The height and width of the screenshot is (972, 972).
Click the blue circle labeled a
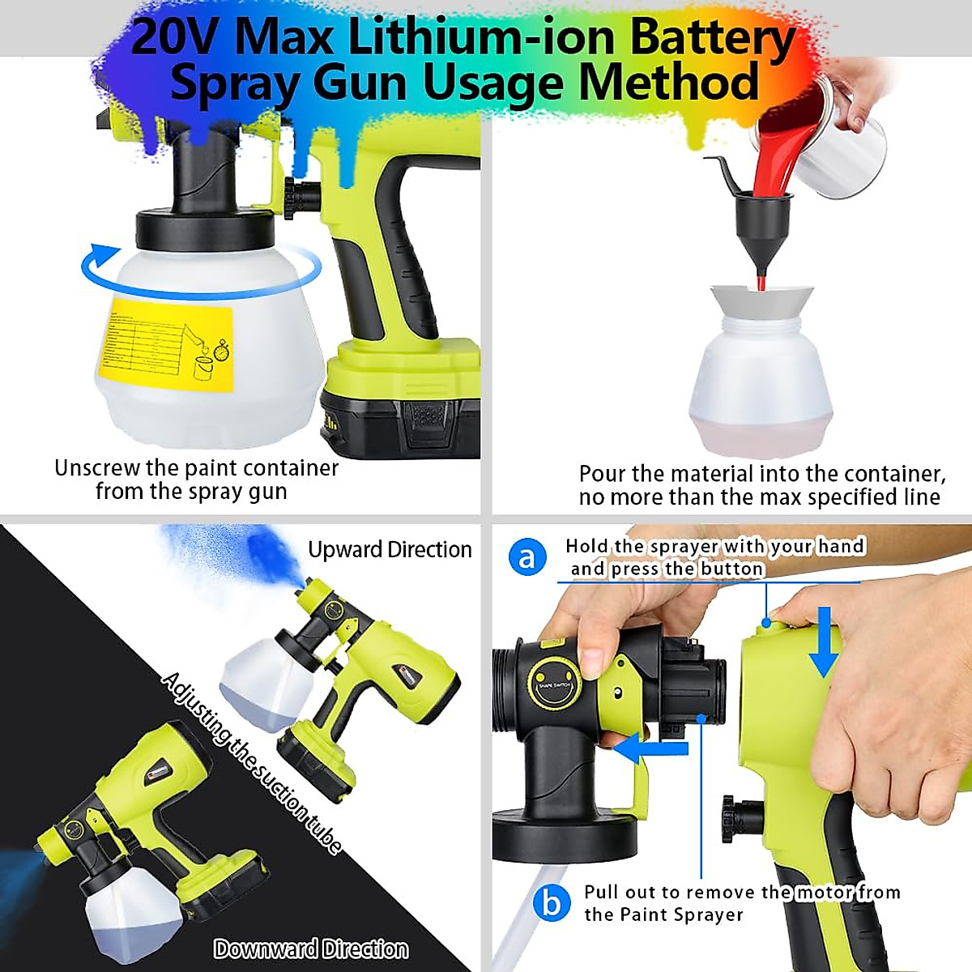click(x=526, y=558)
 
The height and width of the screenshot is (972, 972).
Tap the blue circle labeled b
click(x=552, y=902)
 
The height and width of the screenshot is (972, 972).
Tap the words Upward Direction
click(x=390, y=549)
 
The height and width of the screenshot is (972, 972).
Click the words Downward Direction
click(x=311, y=949)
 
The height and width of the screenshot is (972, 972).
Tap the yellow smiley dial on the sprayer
click(x=554, y=680)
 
